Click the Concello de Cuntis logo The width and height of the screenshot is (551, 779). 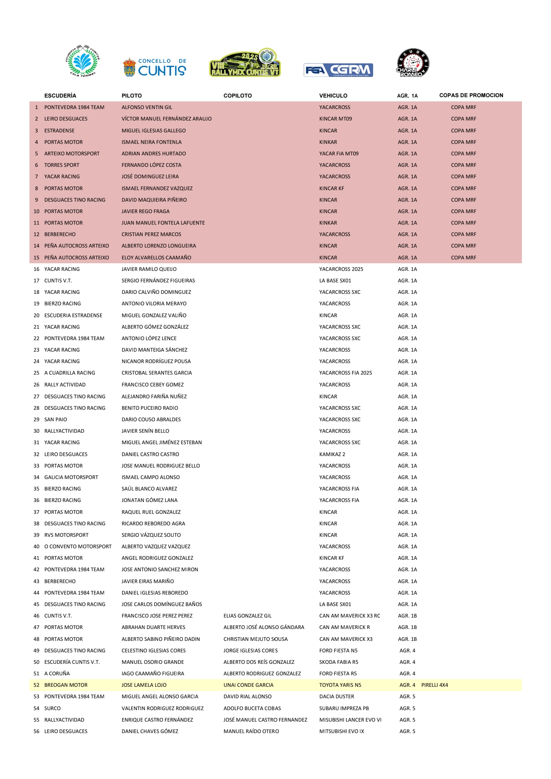(154, 67)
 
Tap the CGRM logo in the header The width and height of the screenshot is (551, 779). (338, 70)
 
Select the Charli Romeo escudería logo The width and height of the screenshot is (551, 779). (412, 64)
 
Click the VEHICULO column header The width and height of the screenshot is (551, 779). (333, 96)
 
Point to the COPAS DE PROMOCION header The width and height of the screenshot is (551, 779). (471, 95)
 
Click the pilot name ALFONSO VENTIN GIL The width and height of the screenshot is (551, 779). (147, 108)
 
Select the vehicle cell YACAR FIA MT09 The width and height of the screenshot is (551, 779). (339, 153)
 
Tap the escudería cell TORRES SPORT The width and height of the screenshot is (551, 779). (62, 165)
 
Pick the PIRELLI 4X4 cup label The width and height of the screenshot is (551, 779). (434, 685)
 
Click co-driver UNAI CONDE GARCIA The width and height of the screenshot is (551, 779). (248, 685)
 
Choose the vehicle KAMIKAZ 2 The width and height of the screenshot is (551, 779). (332, 454)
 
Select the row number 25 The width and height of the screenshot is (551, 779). (36, 373)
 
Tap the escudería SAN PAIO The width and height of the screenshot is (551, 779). (55, 419)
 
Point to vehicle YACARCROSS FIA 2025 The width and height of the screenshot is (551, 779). (346, 373)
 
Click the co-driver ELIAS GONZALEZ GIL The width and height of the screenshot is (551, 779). (248, 616)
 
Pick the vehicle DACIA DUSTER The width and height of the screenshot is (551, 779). (337, 696)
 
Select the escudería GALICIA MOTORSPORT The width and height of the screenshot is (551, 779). (71, 477)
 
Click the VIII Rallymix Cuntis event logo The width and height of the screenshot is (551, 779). (245, 63)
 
